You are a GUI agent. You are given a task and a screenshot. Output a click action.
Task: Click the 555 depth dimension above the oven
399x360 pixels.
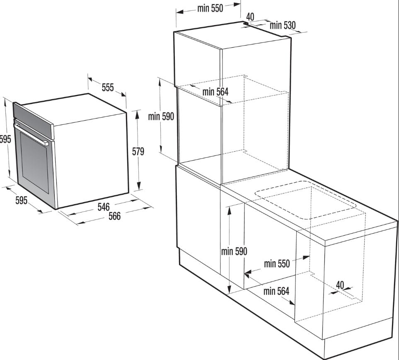coord(108,87)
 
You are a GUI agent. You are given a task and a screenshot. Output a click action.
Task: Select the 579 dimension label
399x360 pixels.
coord(138,151)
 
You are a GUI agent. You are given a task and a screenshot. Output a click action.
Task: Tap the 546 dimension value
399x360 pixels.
coord(104,207)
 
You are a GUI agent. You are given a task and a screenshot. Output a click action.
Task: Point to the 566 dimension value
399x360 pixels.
coord(114,216)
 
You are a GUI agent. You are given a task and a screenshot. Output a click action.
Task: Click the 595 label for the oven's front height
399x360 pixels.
coord(5,139)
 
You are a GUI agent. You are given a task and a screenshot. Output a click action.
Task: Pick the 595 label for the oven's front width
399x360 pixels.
coord(21,200)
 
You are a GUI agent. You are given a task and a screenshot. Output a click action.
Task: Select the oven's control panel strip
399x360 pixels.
coord(33,120)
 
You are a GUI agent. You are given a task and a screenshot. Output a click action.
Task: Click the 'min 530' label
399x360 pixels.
coord(283,25)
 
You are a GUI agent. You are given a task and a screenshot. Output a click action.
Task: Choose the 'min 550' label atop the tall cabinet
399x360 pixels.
coord(210,8)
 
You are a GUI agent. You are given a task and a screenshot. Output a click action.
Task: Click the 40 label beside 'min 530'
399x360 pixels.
coord(250,17)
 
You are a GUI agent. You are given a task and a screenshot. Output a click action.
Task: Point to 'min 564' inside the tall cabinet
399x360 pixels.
coord(215,92)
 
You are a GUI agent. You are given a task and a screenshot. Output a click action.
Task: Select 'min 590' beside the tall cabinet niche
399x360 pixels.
coord(161,116)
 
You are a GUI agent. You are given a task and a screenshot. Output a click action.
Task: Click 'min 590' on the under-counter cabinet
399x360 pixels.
coord(234,251)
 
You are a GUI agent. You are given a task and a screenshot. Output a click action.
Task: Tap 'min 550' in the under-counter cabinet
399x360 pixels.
coord(277,263)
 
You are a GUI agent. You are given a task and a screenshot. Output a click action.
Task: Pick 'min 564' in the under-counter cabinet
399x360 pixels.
coord(276,291)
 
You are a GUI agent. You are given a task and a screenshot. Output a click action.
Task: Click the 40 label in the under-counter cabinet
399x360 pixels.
coord(340,285)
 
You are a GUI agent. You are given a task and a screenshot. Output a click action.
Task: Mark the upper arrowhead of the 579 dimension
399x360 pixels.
coord(138,115)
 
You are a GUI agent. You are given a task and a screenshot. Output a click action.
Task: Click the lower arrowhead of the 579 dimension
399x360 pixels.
coord(138,186)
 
